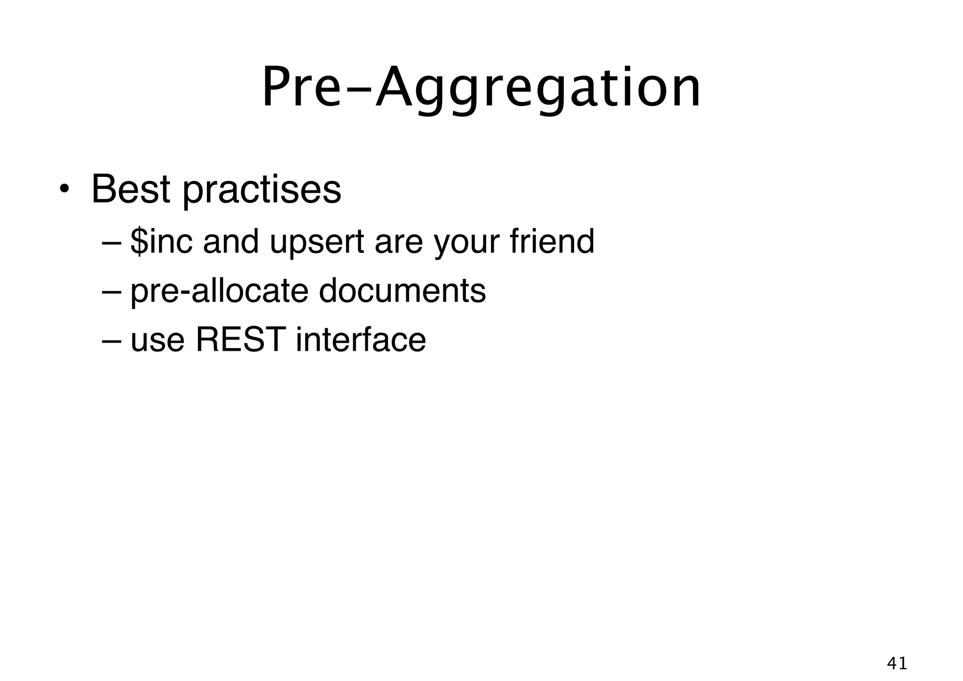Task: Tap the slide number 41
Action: (897, 663)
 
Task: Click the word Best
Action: (130, 189)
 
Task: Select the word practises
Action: (262, 190)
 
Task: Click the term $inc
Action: (161, 242)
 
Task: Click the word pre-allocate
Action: (219, 292)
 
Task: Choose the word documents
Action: (402, 291)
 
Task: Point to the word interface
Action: (361, 340)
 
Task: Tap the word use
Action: (158, 341)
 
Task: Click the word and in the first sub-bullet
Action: (231, 242)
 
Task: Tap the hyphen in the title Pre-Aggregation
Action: (358, 89)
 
